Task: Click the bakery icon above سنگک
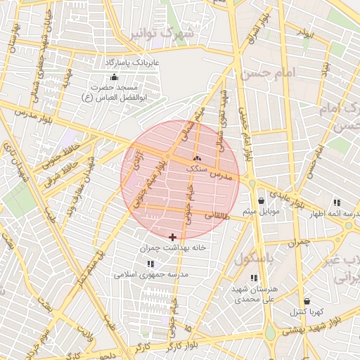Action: click(197, 158)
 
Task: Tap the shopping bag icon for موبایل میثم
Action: click(261, 200)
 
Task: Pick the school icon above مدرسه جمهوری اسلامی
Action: click(150, 264)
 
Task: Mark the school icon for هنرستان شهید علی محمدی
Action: click(253, 278)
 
